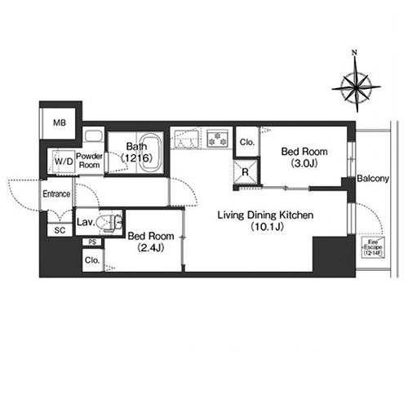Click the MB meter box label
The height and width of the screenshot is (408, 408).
60,123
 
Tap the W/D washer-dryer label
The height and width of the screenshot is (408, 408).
64,162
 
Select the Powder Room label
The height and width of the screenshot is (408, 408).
89,161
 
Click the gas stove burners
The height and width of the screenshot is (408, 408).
217,139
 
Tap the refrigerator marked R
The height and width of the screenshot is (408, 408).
246,172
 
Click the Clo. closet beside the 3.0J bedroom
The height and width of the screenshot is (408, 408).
247,142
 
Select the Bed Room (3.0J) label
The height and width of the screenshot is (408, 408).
304,157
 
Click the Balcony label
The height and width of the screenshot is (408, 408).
373,179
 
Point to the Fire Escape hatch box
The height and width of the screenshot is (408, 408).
373,247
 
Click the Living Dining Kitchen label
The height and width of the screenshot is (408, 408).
265,220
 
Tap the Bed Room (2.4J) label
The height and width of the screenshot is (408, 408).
151,242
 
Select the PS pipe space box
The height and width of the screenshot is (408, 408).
92,242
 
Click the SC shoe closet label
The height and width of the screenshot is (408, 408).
60,230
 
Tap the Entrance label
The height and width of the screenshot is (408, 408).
56,194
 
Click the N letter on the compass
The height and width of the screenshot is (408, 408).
354,53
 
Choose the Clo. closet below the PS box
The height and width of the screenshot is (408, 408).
92,260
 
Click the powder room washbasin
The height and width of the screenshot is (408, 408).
93,135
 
